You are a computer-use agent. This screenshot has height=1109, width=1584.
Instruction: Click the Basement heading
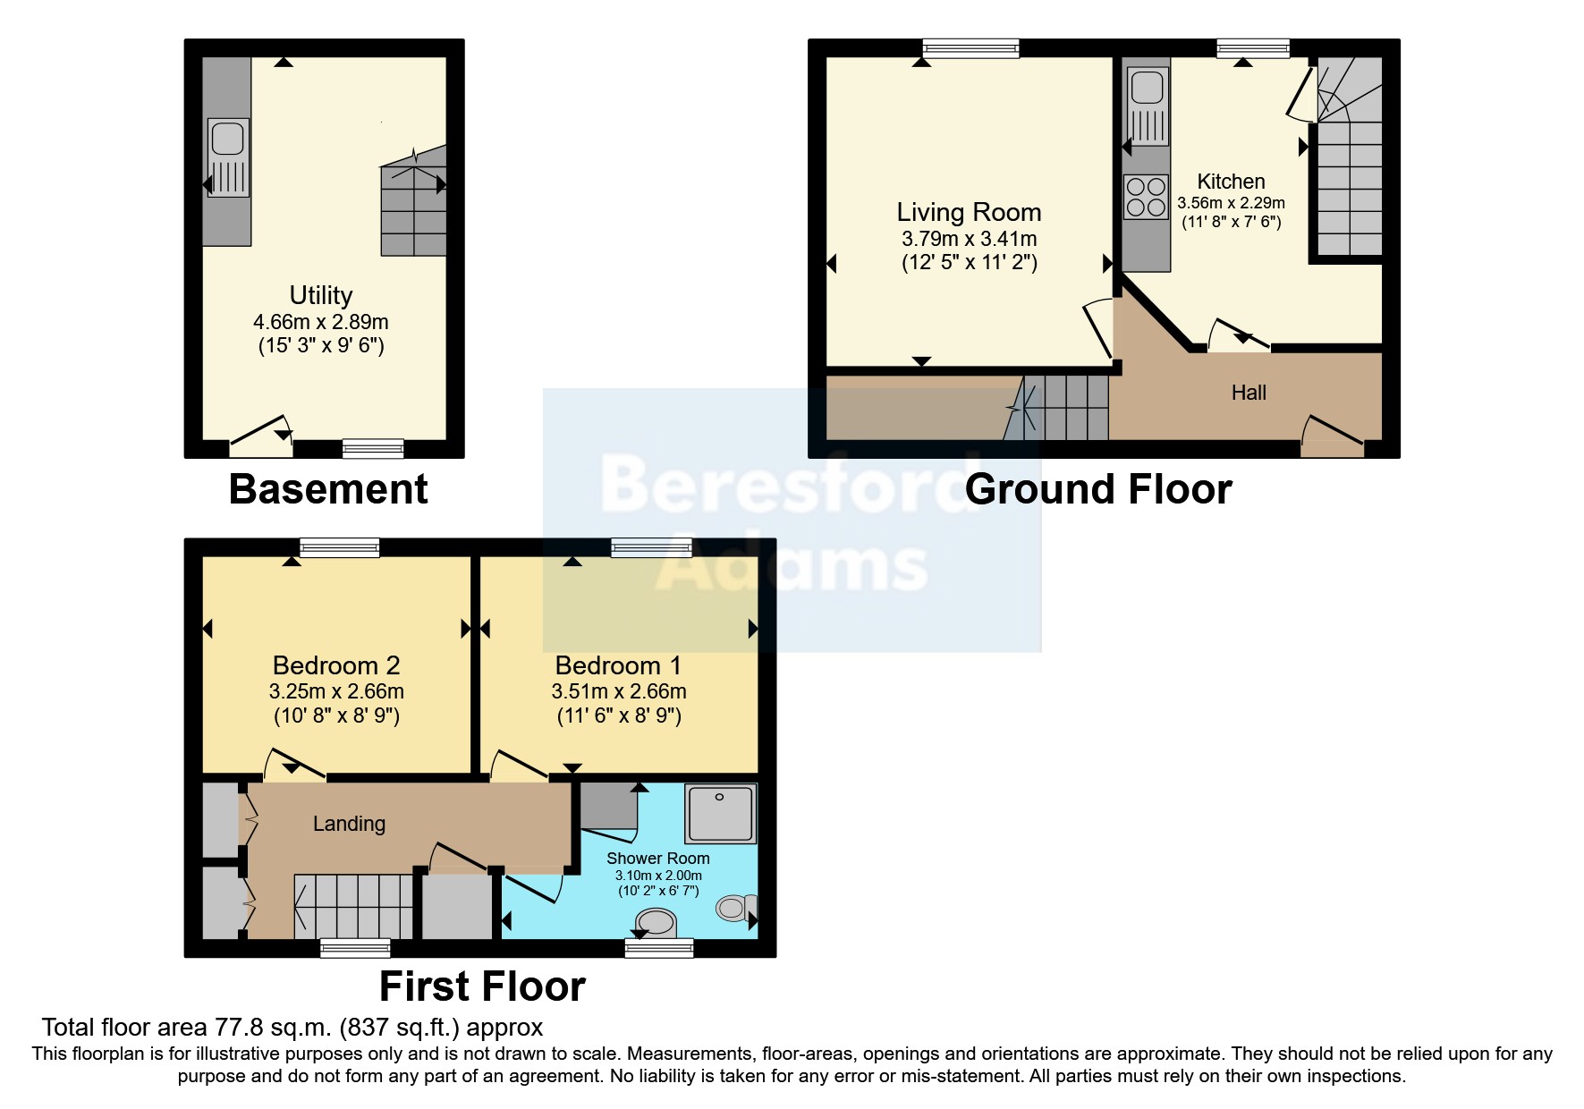tap(328, 489)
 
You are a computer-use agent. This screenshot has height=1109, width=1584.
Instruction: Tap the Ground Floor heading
tap(1098, 489)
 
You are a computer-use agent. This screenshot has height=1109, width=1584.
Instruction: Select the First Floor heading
tap(482, 986)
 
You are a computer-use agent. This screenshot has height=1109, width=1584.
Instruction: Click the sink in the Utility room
tap(229, 157)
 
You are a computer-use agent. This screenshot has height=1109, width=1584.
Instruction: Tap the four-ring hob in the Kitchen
tap(1146, 197)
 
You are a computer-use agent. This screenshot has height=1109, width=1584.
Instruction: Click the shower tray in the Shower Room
tap(720, 814)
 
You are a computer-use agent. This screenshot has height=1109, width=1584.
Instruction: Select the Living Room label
tap(969, 212)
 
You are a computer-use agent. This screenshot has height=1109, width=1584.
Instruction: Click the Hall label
tap(1249, 393)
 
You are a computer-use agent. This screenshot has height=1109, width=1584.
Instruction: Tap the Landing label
tap(349, 824)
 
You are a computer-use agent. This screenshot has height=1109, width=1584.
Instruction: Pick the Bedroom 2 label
tap(335, 665)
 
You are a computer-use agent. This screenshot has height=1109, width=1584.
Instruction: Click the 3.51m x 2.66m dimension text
tap(619, 691)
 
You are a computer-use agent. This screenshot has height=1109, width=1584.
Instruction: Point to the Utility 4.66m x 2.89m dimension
tap(321, 322)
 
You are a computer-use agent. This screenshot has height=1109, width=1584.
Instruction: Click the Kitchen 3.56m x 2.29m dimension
tap(1231, 203)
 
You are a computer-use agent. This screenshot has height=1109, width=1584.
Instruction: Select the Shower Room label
tap(657, 859)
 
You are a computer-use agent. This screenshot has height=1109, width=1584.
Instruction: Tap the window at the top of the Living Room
tap(970, 48)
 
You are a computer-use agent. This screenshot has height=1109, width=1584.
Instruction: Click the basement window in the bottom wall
tap(373, 449)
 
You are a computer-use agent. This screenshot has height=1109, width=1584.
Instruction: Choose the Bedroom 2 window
tap(339, 547)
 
